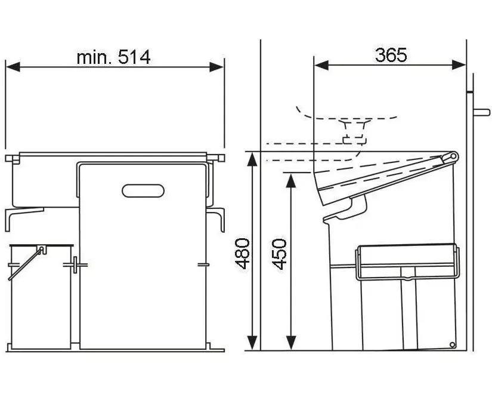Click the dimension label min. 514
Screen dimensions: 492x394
pos(113,57)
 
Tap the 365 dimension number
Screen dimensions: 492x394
pos(391,55)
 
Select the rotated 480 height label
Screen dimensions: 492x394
pos(243,254)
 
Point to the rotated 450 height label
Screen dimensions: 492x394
pos(279,254)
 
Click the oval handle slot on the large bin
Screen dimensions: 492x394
pos(143,190)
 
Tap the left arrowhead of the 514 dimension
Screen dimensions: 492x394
pos(13,67)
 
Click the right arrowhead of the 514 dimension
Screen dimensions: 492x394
pos(216,67)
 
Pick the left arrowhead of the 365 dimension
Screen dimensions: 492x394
pos(321,65)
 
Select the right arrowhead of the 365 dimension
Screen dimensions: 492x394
pos(459,65)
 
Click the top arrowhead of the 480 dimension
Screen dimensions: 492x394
pos(253,159)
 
